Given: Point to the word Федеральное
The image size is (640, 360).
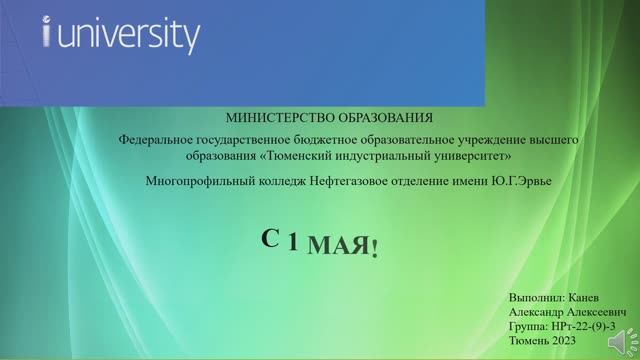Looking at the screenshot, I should (156, 141).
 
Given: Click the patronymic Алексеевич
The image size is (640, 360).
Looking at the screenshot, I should (588, 312).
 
